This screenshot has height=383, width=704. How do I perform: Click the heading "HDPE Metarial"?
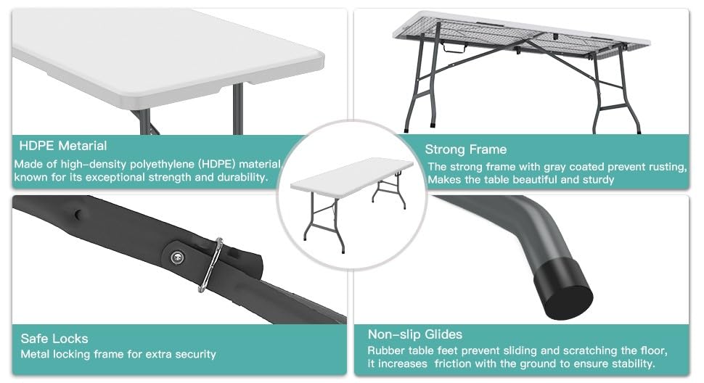coord(63,146)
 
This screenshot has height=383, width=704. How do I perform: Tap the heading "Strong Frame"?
coord(466,149)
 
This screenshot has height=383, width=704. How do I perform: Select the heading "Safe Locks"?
coord(54,339)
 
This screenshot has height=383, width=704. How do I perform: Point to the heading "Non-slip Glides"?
coord(415,334)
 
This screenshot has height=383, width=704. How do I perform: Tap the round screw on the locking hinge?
coord(178,257)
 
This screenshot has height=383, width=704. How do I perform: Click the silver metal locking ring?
coord(210,265)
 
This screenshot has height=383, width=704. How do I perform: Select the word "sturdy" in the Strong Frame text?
coord(598,180)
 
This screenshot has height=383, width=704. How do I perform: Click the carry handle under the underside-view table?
coord(454,47)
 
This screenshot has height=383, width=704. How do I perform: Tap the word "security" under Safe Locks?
coord(195,354)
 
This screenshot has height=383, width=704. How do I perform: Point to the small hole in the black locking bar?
coord(79,215)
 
